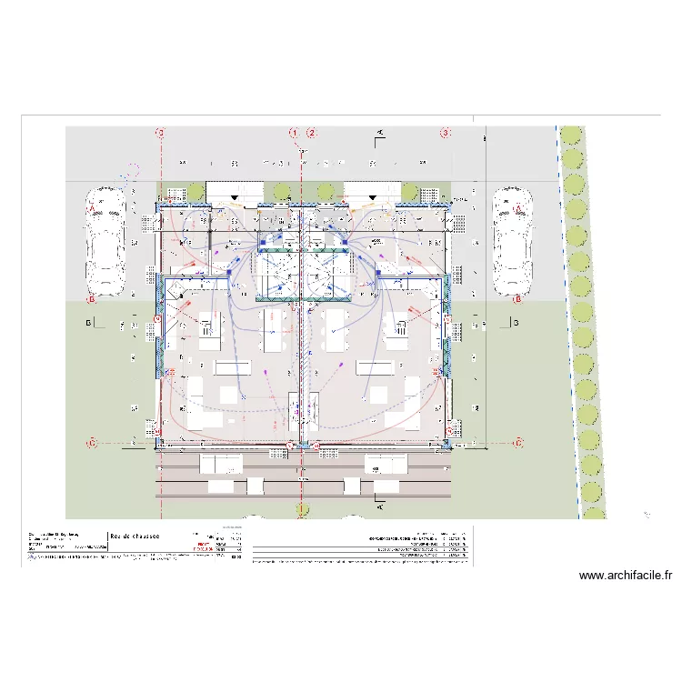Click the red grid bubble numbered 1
[x=295, y=133]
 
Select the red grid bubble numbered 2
[x=312, y=133]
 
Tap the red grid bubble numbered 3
[x=446, y=133]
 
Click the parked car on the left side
[x=105, y=242]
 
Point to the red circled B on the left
[x=91, y=298]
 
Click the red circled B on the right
[x=517, y=298]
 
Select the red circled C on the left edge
[x=91, y=443]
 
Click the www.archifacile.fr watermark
[x=625, y=576]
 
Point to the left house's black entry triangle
[x=236, y=196]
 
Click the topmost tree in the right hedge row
[x=570, y=136]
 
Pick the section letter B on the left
[x=88, y=323]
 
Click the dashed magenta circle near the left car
[x=133, y=170]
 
